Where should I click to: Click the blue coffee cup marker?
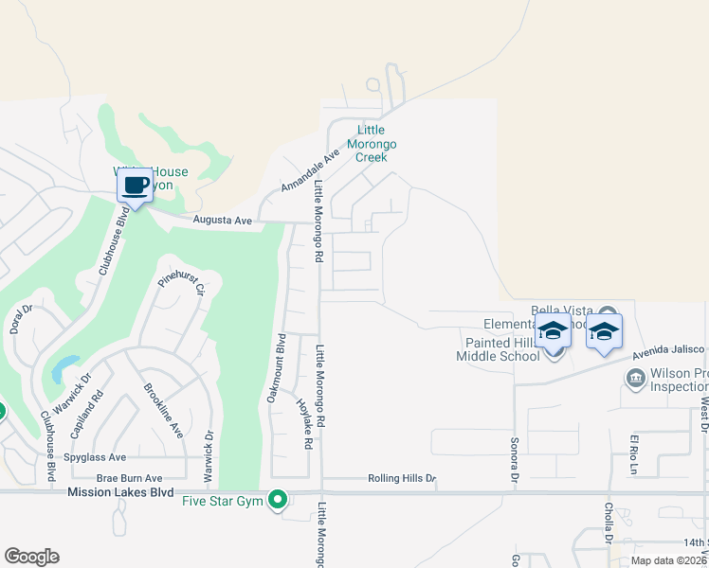click(x=135, y=185)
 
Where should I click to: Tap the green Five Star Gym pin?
click(x=278, y=499)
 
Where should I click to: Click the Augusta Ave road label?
click(x=222, y=221)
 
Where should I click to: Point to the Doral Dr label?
click(x=21, y=320)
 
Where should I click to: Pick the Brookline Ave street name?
click(x=162, y=409)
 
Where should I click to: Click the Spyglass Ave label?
click(x=93, y=457)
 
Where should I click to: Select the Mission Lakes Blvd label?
click(x=120, y=492)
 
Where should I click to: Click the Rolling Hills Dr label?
click(x=401, y=479)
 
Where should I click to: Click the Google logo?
click(x=31, y=557)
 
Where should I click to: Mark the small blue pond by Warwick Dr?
click(x=64, y=367)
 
